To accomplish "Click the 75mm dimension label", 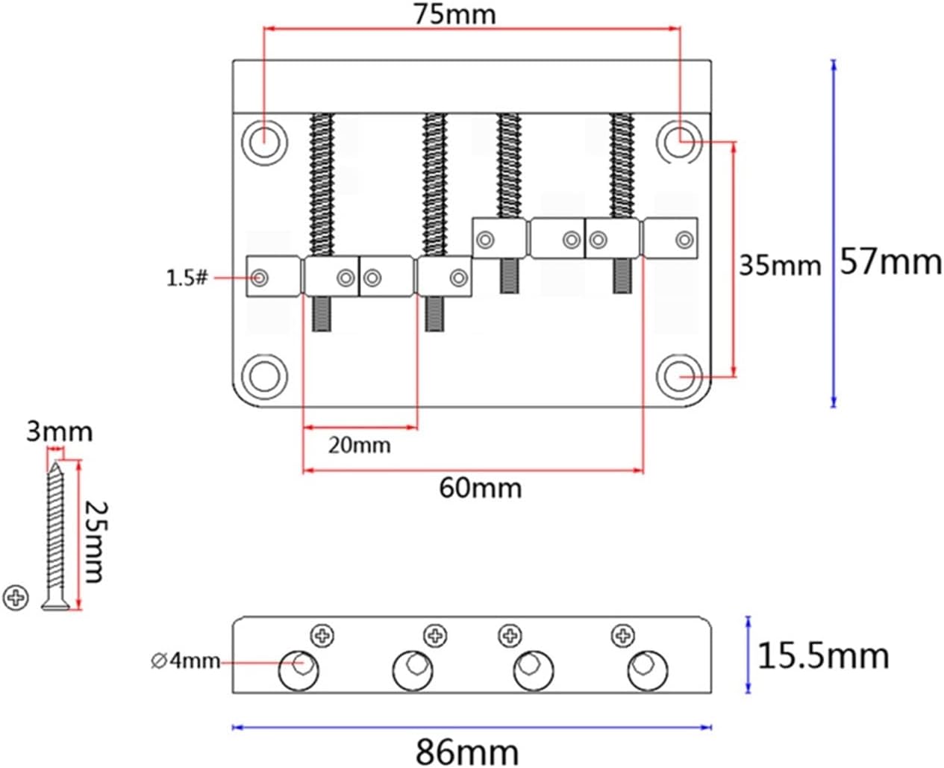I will pos(455,13).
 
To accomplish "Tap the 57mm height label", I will pos(890,262).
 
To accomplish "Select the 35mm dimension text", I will pos(779,265).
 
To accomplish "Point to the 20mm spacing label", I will pos(359,446).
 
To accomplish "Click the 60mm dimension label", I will pos(480,488).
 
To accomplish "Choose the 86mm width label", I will pos(467,750).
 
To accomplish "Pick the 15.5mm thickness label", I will pos(823,656).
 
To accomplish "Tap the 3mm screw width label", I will pos(59,431).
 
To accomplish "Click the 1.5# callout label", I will pos(187,278).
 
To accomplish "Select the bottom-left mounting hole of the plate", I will pos(263,375).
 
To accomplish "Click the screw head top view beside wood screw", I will pos(16,598).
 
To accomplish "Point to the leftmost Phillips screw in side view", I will pos(322,636).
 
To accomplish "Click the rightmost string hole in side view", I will pos(646,670).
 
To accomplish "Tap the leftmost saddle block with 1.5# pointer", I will pos(272,276).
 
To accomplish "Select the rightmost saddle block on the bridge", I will pos(670,239).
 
